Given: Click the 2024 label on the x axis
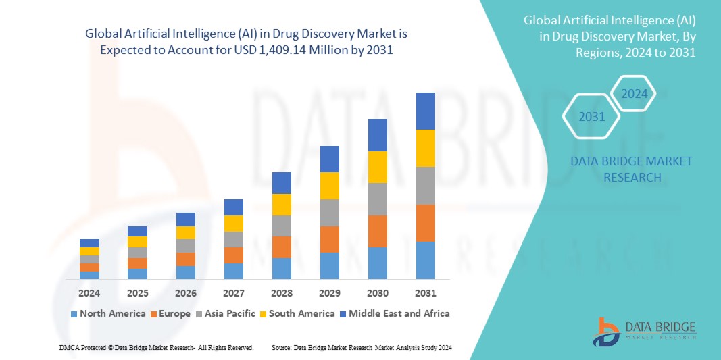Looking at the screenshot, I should [x=89, y=293].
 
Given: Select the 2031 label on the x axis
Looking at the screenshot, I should [x=425, y=293].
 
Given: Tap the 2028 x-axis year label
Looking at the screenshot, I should [x=281, y=293].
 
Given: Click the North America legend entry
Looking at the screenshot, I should [x=107, y=313].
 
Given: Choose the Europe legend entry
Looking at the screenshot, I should [x=170, y=313].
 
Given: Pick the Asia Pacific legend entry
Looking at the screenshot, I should [x=226, y=313].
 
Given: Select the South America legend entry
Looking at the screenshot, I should [x=297, y=313].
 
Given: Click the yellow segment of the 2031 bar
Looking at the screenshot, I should [x=425, y=148].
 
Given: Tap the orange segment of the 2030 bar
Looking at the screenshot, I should [x=377, y=231].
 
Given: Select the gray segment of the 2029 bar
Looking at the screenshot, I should [x=329, y=212].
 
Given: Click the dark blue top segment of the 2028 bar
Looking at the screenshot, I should [x=281, y=182].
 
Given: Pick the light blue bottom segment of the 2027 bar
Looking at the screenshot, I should [x=233, y=271].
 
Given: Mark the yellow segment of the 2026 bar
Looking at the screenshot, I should [x=185, y=232].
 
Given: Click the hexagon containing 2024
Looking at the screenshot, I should [x=634, y=94].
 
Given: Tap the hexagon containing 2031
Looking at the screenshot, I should [x=592, y=117].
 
